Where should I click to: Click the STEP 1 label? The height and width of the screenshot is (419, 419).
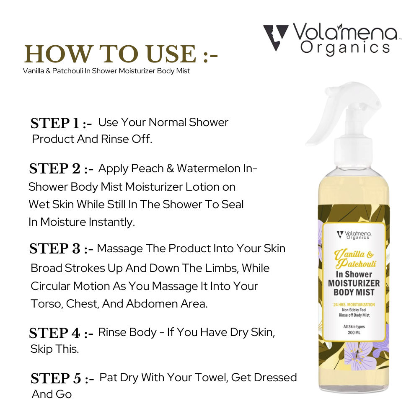[61, 124]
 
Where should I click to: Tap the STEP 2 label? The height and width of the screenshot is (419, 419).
[61, 169]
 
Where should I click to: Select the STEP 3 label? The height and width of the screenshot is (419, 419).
[61, 249]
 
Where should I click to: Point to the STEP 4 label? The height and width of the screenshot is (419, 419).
[61, 333]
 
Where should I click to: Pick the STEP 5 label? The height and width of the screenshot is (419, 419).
[62, 379]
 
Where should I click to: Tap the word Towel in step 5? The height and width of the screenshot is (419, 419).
[211, 378]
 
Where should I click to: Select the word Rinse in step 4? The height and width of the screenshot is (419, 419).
[113, 332]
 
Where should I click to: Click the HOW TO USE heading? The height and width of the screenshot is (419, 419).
[121, 54]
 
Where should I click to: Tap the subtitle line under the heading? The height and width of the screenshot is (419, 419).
[106, 71]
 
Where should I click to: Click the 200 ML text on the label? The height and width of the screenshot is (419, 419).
[354, 333]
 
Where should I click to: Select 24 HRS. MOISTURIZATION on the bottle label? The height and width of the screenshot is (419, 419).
[354, 305]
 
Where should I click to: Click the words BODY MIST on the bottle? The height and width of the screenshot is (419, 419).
[354, 292]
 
